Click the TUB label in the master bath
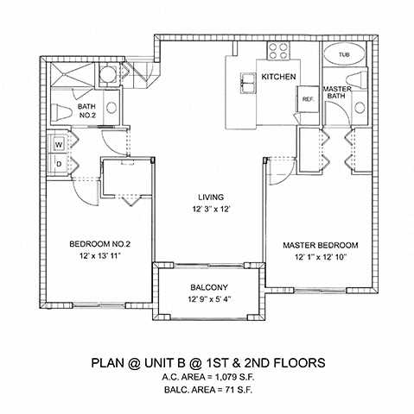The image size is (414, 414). coord(344,54)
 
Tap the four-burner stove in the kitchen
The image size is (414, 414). coord(278,51)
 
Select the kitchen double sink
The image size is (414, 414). coord(248,83)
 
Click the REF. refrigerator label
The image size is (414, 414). coord(308,99)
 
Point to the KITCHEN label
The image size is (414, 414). coord(278,77)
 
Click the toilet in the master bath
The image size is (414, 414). coord(356,80)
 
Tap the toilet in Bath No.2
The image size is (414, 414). coord(61,112)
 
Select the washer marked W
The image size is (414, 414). coord(59,144)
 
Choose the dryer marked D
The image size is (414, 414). coord(59,164)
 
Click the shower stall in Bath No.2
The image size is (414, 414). coord(73,74)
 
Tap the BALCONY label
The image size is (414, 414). coord(209,287)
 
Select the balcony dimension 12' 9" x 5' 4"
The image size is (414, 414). coord(209,299)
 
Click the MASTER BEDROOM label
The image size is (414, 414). coord(321,245)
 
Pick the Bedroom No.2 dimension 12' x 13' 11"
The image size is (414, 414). coord(100,255)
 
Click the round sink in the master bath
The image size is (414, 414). coord(360,108)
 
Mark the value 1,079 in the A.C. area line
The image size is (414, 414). coord(226,377)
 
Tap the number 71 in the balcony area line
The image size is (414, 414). coord(229,390)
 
